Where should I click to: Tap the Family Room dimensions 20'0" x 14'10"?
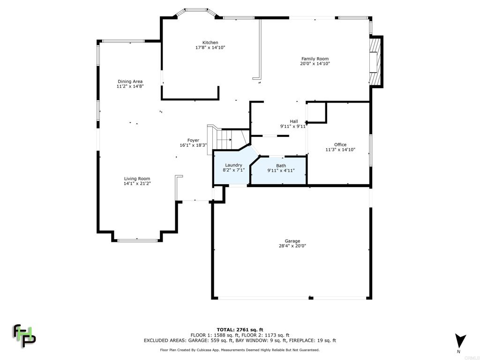point(315,63)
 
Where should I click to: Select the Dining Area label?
point(130,82)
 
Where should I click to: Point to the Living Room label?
point(137,179)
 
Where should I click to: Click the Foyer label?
point(193,140)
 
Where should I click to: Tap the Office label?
point(340,145)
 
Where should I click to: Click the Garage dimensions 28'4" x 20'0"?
point(293,246)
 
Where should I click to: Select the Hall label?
point(293,121)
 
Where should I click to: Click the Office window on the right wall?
point(370,150)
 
